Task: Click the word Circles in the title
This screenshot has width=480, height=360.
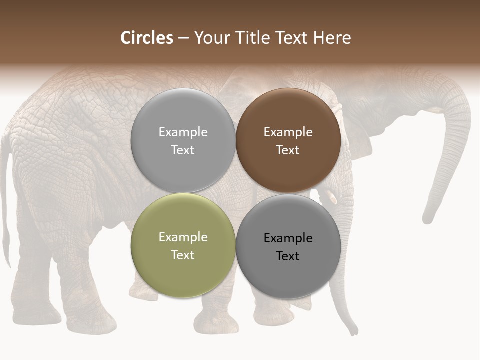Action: (x=147, y=38)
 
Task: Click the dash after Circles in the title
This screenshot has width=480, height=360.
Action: (x=183, y=38)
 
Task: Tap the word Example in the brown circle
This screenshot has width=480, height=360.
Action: (x=288, y=132)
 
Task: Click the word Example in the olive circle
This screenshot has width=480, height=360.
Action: (x=183, y=237)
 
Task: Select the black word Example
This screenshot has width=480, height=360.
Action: (x=288, y=238)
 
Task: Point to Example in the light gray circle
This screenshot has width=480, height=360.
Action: (x=183, y=132)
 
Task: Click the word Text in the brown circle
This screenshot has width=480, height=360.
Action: (x=288, y=150)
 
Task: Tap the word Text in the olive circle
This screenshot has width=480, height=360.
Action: (x=183, y=255)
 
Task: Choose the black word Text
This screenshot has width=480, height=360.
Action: (x=288, y=256)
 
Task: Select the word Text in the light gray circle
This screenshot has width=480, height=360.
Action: (x=183, y=150)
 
